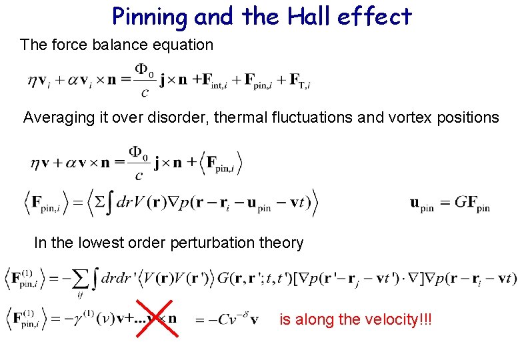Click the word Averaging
click(x=56, y=118)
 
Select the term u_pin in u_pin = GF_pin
click(x=421, y=204)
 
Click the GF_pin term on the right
click(x=471, y=204)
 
